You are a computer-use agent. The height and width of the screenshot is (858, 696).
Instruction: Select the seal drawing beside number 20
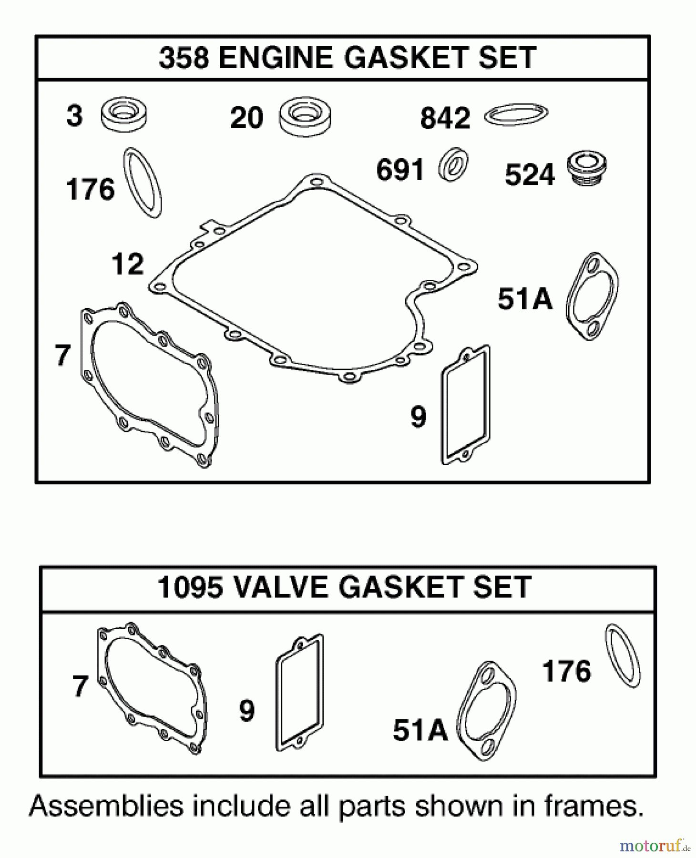pos(305,117)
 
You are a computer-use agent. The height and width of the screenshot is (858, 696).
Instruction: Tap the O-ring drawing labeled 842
pos(516,114)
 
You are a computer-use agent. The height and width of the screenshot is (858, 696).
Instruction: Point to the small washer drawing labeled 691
pos(453,164)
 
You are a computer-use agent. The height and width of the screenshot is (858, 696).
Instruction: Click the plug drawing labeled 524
pos(587,169)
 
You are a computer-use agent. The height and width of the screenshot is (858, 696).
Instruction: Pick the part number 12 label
pos(127,265)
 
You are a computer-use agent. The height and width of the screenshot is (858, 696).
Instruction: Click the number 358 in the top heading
pos(184,58)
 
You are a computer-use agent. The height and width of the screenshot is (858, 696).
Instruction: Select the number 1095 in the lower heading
pos(190,587)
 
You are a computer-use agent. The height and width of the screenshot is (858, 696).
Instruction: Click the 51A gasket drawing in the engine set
pos(593,296)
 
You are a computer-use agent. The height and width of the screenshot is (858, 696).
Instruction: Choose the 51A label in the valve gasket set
pos(420,730)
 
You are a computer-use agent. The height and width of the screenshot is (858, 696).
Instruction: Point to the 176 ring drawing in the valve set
pos(623,656)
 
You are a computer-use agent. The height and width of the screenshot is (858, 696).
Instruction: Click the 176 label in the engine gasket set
pos(90,189)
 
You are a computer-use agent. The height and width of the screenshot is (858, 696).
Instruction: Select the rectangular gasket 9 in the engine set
pos(466,405)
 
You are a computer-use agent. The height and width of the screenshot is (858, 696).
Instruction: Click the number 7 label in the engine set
pos(62,356)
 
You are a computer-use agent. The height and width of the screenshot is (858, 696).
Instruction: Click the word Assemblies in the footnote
pos(106,807)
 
